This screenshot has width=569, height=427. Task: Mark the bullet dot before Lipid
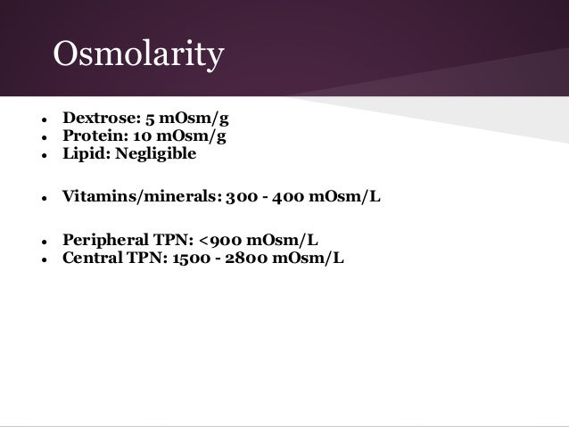pyautogui.click(x=32, y=154)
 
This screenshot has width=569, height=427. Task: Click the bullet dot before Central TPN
pyautogui.click(x=32, y=259)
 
